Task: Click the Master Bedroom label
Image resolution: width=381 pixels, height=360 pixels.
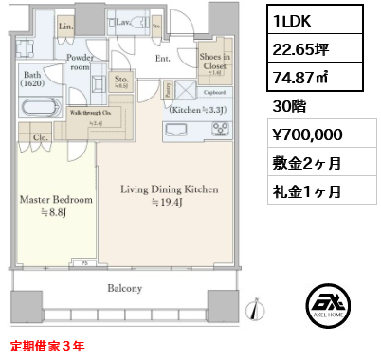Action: (53, 200)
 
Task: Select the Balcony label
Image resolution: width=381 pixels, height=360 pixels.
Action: (124, 289)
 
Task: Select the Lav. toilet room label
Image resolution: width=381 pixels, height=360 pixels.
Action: (124, 20)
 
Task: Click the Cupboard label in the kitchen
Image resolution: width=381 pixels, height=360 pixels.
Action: (213, 93)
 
